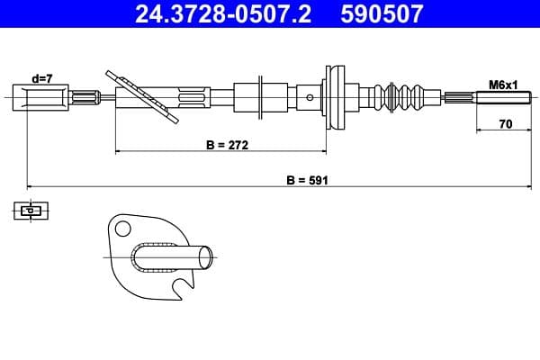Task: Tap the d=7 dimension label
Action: pyautogui.click(x=42, y=78)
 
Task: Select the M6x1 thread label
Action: pyautogui.click(x=501, y=84)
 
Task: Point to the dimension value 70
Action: pyautogui.click(x=505, y=125)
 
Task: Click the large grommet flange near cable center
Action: pyautogui.click(x=336, y=96)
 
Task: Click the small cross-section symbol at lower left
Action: pyautogui.click(x=31, y=211)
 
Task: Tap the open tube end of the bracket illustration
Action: pyautogui.click(x=206, y=256)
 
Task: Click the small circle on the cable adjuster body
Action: pyautogui.click(x=310, y=96)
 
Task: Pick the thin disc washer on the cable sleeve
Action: pyautogui.click(x=259, y=96)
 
